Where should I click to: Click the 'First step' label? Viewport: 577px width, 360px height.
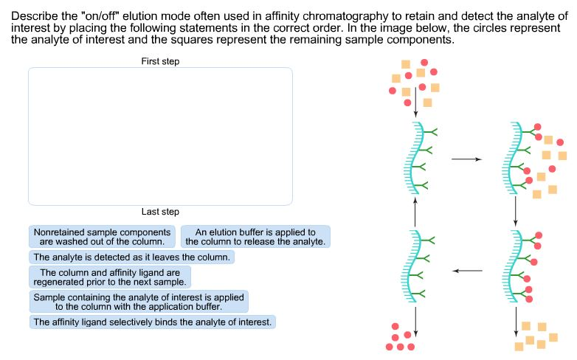point(160,62)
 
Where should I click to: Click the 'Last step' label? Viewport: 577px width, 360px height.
point(160,212)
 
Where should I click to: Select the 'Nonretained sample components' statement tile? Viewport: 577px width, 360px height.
point(103,236)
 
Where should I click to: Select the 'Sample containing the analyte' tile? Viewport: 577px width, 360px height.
point(138,301)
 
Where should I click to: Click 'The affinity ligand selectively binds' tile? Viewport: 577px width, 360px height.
point(153,322)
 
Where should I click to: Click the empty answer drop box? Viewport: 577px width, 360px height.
point(160,136)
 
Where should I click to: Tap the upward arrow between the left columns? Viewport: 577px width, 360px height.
point(415,211)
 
